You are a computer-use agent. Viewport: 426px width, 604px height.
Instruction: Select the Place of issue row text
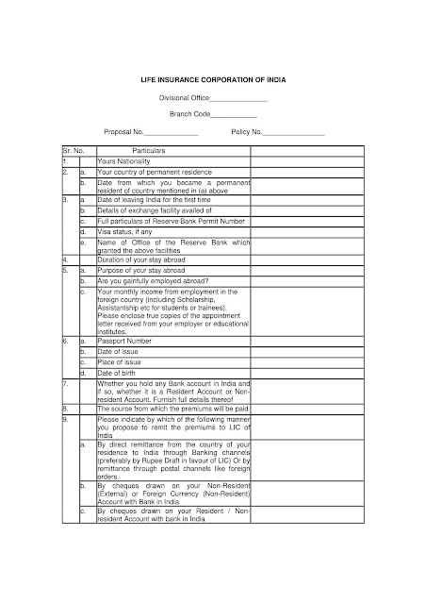(120, 360)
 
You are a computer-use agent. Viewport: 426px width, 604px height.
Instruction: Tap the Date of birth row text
(119, 370)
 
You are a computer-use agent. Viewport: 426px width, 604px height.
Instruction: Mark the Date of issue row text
(119, 349)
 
